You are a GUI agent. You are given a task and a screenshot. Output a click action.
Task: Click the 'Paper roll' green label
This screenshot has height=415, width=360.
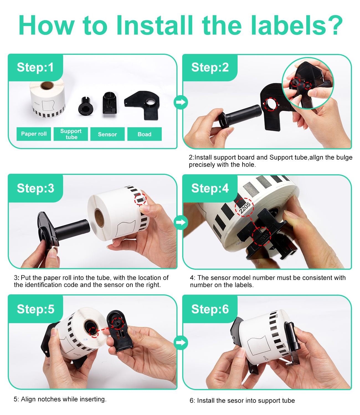coord(34,134)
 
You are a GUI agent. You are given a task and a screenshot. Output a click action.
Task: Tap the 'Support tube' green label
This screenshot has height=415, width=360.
coord(71,134)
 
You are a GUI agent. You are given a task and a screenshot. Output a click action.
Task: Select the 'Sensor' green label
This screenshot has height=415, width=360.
coord(107,134)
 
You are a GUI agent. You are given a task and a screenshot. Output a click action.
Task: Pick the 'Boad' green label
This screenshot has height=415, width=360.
coord(144,134)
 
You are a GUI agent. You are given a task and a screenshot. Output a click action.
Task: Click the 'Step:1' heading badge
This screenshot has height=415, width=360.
coord(35,68)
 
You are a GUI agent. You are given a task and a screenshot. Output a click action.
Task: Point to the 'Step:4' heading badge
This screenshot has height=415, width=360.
coord(210,188)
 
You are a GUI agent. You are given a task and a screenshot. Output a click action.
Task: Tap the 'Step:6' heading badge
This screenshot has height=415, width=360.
coord(210,309)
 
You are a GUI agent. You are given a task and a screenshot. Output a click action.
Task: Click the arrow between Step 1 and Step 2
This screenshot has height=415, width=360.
coord(181,102)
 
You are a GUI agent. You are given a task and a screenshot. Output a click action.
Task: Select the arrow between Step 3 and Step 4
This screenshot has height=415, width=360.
coord(181,222)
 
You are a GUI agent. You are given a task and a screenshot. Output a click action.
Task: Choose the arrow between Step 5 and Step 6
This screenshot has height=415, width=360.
coord(181,343)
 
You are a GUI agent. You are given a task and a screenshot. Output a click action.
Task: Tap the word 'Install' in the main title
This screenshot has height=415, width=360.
coord(154,25)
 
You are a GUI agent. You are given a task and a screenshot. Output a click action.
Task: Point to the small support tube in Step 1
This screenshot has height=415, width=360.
coord(86,106)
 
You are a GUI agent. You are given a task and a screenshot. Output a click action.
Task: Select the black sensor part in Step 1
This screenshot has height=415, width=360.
coord(110,103)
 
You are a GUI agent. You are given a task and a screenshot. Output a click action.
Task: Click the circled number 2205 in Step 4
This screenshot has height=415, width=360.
coord(245,207)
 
